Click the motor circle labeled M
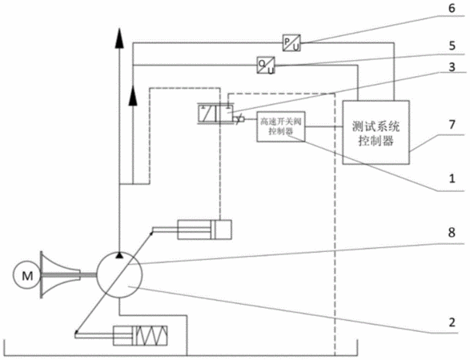[x=26, y=275]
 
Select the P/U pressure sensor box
[x=291, y=43]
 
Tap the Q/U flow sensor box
[x=266, y=66]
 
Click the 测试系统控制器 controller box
[x=376, y=132]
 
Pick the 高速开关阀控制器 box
[x=281, y=126]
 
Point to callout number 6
[x=452, y=8]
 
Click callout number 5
[x=452, y=46]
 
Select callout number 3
[x=452, y=66]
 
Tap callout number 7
[x=452, y=124]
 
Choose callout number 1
[x=452, y=179]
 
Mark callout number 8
[x=452, y=233]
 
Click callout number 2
[x=452, y=322]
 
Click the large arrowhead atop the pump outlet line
[x=119, y=38]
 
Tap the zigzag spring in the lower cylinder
[x=151, y=335]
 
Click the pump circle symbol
[x=119, y=275]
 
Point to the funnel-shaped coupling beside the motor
[x=59, y=275]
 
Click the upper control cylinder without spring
[x=204, y=230]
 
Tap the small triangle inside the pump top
[x=119, y=255]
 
